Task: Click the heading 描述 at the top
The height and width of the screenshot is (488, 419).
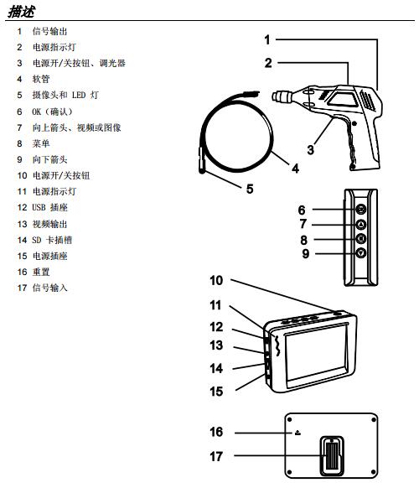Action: click(21, 12)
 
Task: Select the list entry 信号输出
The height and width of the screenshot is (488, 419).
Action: click(49, 31)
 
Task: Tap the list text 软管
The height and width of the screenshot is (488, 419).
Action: click(41, 79)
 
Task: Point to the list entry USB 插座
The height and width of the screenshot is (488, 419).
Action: click(49, 207)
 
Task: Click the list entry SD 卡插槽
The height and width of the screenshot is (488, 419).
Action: click(52, 240)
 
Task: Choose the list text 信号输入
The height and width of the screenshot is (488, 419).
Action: click(49, 288)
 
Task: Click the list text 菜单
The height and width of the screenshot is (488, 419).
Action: click(41, 143)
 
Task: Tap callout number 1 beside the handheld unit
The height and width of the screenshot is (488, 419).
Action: click(267, 40)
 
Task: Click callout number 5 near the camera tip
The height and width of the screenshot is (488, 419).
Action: click(250, 189)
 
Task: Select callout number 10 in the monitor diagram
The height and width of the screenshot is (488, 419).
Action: click(216, 280)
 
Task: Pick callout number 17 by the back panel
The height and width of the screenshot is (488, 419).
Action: click(216, 457)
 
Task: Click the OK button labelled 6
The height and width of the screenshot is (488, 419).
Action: click(361, 209)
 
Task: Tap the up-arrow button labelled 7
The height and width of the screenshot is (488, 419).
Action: click(361, 224)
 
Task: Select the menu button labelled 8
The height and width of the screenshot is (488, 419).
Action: click(361, 239)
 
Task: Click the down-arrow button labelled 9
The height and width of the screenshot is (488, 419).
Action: click(361, 253)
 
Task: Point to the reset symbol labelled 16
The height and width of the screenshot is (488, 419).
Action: click(297, 433)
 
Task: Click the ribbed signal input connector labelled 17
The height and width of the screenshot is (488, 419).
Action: click(332, 456)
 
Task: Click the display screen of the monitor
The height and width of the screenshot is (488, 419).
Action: click(316, 356)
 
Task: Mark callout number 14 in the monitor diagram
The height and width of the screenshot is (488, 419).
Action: click(216, 368)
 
